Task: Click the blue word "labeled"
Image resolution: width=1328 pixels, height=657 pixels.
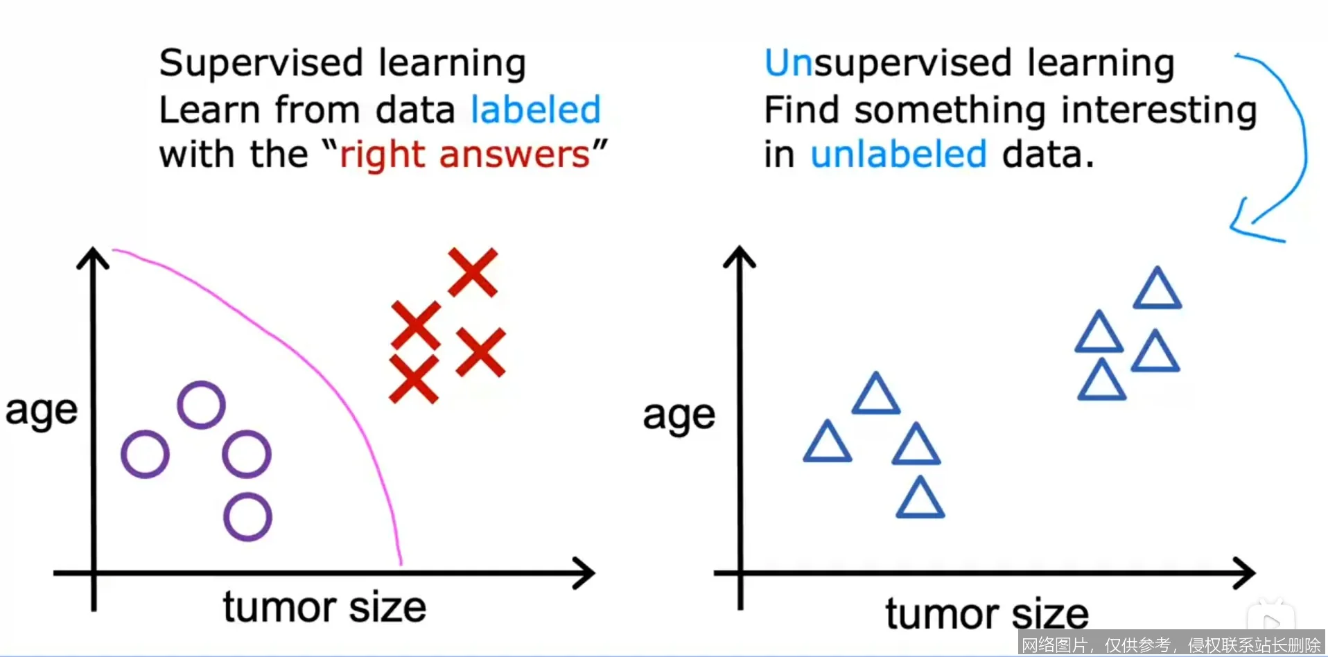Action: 535,109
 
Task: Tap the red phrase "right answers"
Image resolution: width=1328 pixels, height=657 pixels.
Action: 464,155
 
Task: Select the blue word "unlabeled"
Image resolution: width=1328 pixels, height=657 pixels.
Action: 898,154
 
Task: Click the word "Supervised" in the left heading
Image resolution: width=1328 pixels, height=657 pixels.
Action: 261,64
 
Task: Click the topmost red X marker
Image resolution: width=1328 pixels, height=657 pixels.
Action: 473,272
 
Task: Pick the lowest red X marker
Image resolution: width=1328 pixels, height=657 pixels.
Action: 414,378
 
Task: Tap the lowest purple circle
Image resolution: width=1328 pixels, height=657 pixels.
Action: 247,517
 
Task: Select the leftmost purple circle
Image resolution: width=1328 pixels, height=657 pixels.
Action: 145,455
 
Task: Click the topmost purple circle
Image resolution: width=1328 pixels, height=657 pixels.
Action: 201,405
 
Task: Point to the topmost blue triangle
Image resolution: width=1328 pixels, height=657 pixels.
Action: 1157,290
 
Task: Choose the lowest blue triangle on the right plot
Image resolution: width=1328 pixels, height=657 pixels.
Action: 920,499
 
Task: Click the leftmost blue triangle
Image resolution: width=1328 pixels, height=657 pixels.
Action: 827,443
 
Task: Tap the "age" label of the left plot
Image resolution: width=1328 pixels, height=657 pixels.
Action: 42,412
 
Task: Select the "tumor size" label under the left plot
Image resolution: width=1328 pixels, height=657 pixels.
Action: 324,607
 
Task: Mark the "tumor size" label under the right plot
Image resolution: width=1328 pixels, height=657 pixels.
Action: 986,614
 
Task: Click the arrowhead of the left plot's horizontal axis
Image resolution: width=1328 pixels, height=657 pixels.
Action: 586,573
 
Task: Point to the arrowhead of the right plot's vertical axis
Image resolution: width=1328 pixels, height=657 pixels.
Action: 740,256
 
